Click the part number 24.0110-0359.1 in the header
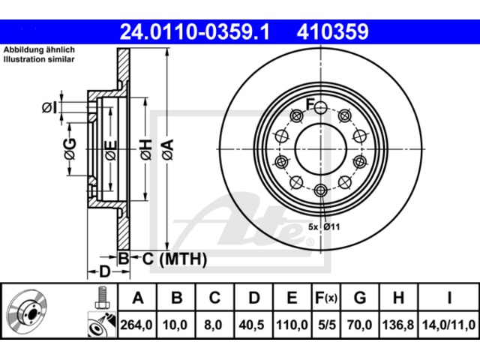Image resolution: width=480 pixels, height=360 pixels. pos(195,31)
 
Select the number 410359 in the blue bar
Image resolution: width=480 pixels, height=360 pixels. pos(332,31)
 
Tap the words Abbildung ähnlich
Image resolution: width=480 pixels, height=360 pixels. pos(39,50)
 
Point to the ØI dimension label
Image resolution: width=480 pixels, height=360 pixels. pos(49,107)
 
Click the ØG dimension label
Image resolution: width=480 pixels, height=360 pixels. pos(70,148)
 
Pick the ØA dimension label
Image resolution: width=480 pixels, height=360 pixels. pos(168,149)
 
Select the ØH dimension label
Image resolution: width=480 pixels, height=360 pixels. pos(146,149)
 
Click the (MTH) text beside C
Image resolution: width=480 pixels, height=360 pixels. pos(183,259)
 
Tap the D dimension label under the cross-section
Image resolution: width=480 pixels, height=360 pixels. pos(105,271)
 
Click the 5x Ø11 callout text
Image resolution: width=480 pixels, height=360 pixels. pos(324,226)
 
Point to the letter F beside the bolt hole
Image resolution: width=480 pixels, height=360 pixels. pos(310,104)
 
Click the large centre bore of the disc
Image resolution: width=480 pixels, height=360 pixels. pos(320,149)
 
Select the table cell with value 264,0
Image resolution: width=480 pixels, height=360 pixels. pos(137,325)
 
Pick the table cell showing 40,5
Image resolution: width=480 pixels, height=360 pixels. pos(252,325)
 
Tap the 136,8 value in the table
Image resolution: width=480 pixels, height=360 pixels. pos(398,325)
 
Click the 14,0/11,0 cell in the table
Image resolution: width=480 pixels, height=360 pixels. pos(448,325)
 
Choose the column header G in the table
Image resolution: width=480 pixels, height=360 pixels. pos(360,298)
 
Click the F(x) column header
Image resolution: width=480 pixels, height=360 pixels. pos(326,298)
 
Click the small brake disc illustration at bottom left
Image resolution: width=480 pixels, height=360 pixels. pos(28,313)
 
